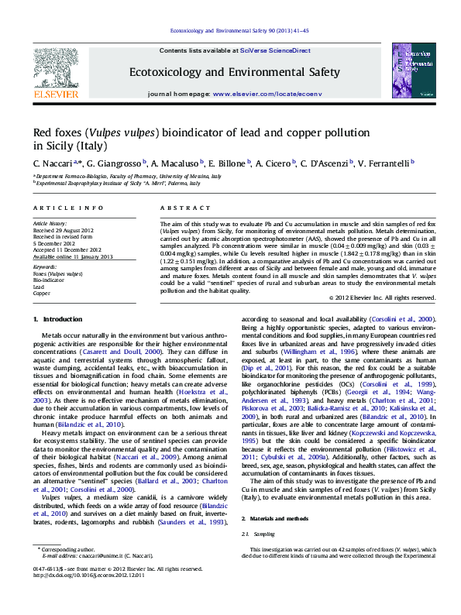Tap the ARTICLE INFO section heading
click(x=68, y=208)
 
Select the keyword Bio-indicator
click(x=49, y=280)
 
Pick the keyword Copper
click(x=41, y=294)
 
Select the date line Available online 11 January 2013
click(x=73, y=256)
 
